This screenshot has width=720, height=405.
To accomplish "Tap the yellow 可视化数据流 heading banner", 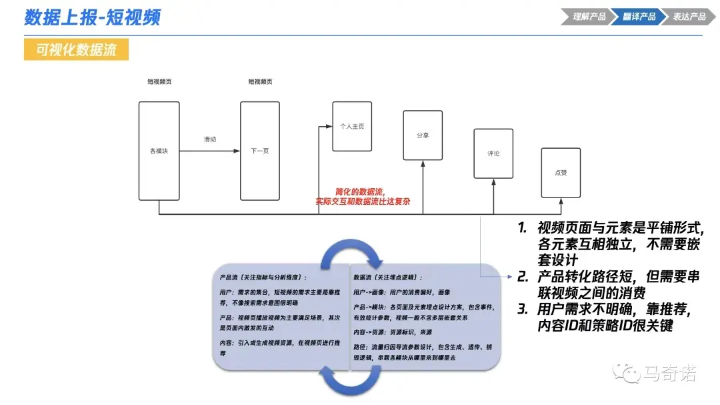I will pos(76,49).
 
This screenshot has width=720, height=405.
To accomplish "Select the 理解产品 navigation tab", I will pos(589,17).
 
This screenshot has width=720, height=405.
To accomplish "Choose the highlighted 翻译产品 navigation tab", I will pos(639,17).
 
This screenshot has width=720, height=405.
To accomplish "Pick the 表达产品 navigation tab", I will pos(688,17).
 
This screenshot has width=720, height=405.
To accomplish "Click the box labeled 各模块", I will pos(159,151).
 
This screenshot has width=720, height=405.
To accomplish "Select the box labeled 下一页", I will pos(260,151).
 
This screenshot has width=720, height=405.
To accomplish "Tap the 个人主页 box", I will pos(351,126).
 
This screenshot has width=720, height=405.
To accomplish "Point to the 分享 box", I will pos(423,135).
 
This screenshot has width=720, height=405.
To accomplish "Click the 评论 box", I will pos(493,153).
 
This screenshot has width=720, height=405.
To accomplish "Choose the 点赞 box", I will pos(561,173).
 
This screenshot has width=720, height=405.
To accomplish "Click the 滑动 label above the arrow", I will pos(210,139).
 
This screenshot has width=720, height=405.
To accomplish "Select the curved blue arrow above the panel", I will pos(351,253).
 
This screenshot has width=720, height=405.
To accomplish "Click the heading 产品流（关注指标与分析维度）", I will pos(263,277).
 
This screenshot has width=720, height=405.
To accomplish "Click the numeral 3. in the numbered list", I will pos(523,310).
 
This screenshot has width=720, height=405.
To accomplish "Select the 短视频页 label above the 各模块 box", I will pos(159,82).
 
